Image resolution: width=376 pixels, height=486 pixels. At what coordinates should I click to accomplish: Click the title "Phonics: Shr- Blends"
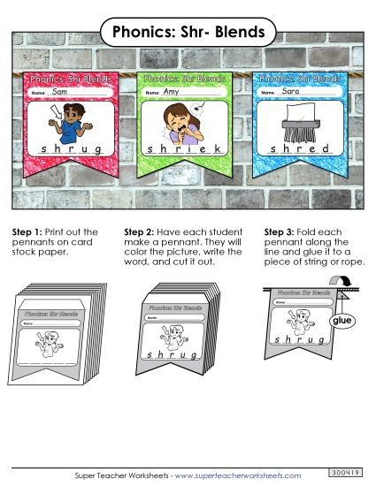[x=188, y=33]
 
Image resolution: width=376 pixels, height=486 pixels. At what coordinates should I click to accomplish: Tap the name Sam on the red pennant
[x=60, y=92]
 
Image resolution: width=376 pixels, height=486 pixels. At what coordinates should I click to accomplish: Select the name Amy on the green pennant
[x=171, y=92]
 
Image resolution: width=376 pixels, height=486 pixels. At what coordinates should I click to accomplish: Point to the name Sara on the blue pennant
[x=289, y=91]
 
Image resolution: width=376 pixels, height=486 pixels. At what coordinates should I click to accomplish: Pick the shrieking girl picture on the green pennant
[x=182, y=124]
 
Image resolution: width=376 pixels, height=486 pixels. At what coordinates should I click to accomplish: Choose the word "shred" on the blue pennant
[x=299, y=148]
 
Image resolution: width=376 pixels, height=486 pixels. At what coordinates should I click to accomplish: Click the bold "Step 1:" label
[x=27, y=232]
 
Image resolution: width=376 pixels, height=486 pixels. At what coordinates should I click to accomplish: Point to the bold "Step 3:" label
[x=280, y=232]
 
